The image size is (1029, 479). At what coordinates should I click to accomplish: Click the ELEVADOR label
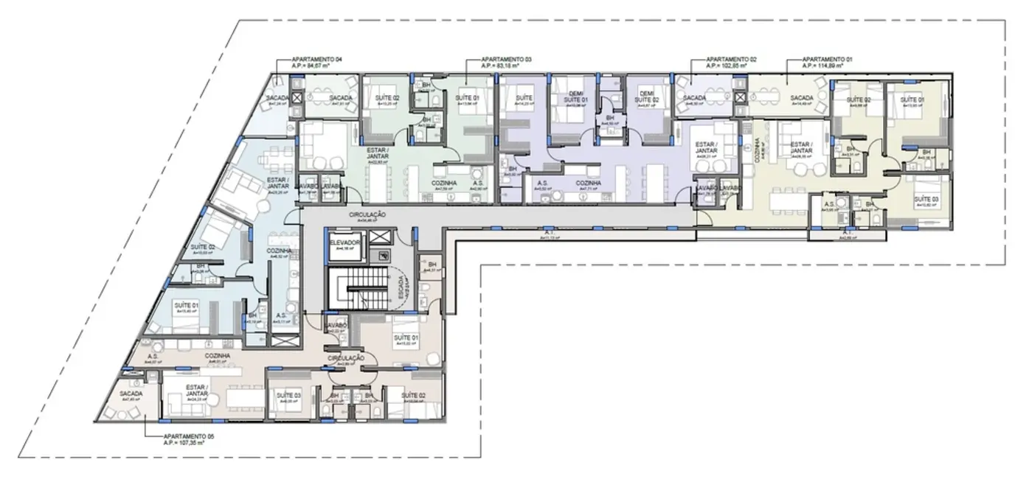[344, 242]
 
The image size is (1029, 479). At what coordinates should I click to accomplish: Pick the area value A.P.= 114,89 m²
[825, 66]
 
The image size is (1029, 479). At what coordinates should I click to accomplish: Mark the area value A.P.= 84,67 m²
[300, 66]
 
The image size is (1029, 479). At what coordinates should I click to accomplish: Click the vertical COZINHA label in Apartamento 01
[756, 153]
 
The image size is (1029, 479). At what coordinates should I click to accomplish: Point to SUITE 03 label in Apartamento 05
[289, 396]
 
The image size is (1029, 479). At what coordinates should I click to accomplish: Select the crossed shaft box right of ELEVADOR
[381, 238]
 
